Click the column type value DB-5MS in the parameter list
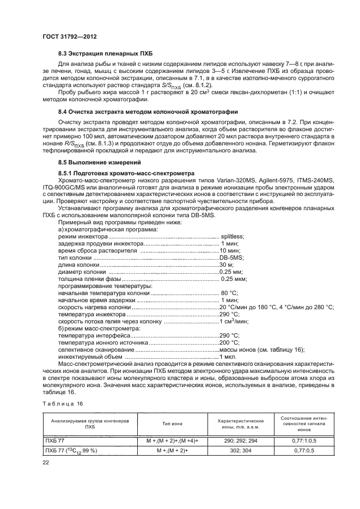click(x=231, y=257)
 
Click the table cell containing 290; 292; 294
click(x=241, y=439)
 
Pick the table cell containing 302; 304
click(x=241, y=451)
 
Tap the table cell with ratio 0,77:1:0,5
click(x=308, y=439)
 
